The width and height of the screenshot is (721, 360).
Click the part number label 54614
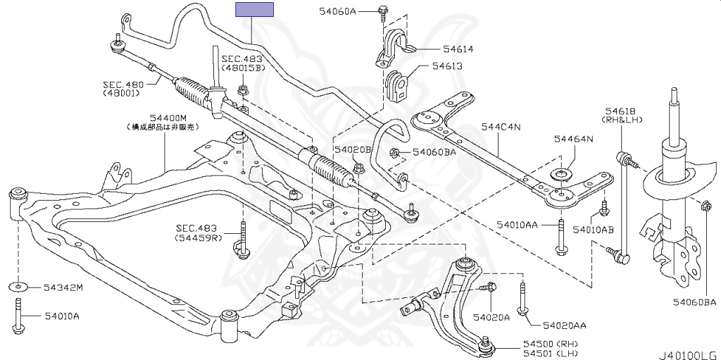click(458, 49)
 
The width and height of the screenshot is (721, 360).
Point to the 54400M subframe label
click(168, 118)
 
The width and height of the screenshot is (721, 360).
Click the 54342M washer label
click(63, 287)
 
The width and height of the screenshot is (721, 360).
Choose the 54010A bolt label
click(61, 316)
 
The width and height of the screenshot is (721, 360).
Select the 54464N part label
click(573, 139)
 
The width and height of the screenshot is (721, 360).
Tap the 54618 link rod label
click(620, 111)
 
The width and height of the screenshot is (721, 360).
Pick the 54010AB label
click(593, 230)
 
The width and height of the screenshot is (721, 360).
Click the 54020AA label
click(564, 325)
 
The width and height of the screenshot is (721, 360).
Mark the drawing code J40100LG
click(687, 354)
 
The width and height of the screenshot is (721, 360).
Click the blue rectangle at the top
click(254, 9)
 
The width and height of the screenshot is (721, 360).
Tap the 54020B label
click(352, 149)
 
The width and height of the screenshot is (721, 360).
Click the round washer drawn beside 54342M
click(17, 287)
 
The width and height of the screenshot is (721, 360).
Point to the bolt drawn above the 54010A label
click(17, 315)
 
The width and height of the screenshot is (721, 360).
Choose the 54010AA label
click(517, 224)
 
